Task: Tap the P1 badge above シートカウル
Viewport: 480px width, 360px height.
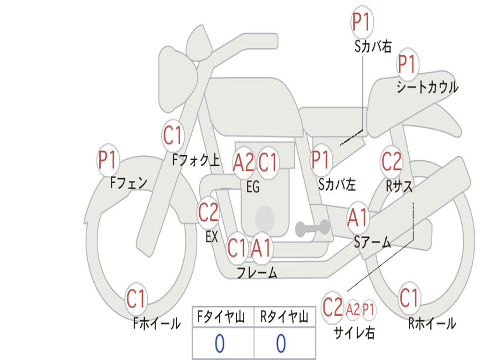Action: [408, 65]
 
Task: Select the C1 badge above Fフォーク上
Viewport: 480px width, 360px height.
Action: [173, 135]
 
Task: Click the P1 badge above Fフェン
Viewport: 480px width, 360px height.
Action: [108, 159]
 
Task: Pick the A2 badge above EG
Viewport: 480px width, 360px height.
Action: [243, 162]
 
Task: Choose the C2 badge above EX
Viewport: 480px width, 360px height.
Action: [209, 212]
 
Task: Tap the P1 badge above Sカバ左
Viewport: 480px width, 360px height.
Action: [321, 160]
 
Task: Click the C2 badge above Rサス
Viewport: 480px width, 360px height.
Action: [391, 161]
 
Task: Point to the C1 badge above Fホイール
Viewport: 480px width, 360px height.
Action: [136, 299]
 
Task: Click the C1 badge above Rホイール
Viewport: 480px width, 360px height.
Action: [409, 298]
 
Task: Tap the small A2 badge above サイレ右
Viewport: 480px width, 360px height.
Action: [352, 309]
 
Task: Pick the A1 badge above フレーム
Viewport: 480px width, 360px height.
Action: [262, 247]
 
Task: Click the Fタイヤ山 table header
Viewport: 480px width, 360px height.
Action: [221, 316]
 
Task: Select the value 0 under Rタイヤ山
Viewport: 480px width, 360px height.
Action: [281, 343]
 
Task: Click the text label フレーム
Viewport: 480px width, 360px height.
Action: [257, 272]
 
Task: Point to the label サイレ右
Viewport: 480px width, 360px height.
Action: [354, 332]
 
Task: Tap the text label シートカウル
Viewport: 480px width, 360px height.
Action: [427, 87]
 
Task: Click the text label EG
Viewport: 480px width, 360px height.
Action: [253, 187]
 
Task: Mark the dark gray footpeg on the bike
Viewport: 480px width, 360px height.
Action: [313, 228]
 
